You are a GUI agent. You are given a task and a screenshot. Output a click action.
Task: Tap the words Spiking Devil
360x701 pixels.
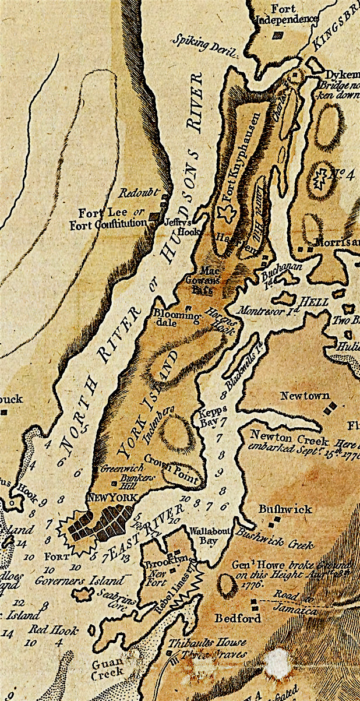pyautogui.click(x=204, y=45)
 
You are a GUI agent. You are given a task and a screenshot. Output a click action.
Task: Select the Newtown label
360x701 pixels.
pyautogui.click(x=305, y=396)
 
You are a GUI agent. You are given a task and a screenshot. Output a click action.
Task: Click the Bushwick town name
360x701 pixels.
pyautogui.click(x=285, y=509)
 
